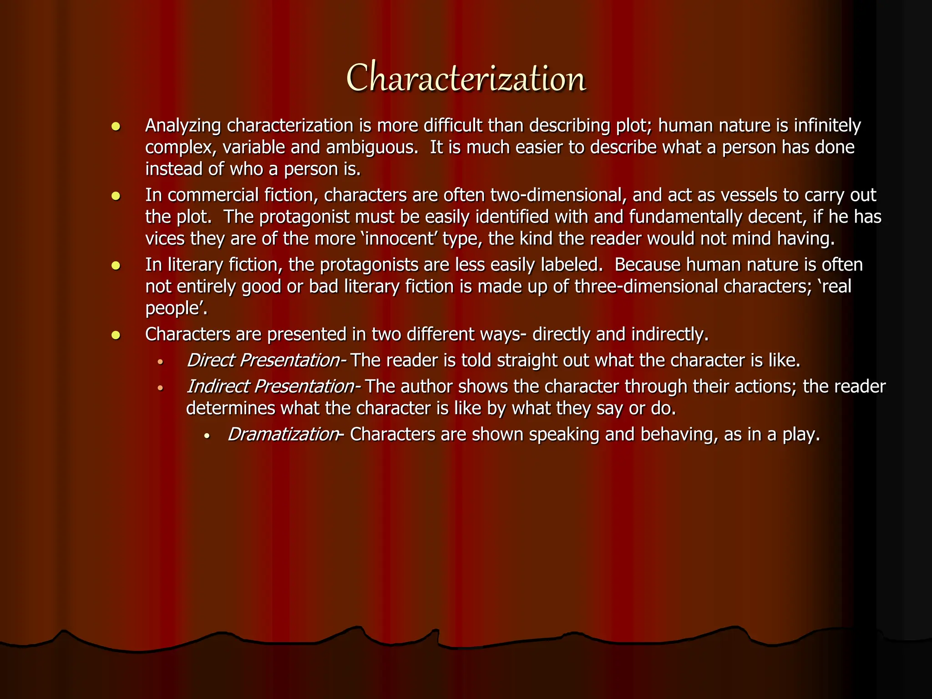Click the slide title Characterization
tap(466, 78)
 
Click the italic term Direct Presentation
tap(263, 360)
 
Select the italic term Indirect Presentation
tap(271, 386)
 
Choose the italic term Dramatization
tap(283, 435)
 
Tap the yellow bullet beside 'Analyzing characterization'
tap(116, 127)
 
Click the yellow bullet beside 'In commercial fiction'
tap(116, 196)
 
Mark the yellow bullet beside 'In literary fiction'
tap(116, 266)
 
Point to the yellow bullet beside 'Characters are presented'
tap(116, 335)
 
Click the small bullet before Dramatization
tap(207, 436)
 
